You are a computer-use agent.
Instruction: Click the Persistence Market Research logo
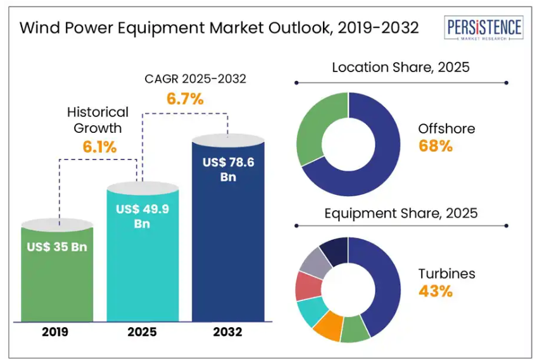(484, 30)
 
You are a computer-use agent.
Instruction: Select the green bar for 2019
(57, 278)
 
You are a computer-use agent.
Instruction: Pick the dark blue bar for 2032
(228, 253)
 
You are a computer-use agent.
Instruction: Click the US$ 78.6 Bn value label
(228, 170)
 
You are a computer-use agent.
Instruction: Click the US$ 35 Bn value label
(57, 247)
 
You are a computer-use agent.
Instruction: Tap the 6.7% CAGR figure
(185, 99)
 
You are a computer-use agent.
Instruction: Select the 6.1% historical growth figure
(99, 147)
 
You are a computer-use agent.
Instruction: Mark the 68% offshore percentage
(436, 146)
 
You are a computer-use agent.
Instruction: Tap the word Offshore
(446, 129)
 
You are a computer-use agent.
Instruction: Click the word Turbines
(446, 274)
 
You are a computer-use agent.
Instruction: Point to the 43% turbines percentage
(436, 291)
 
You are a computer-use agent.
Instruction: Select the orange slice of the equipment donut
(327, 326)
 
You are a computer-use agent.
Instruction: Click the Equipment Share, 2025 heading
(401, 213)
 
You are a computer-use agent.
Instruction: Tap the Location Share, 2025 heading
(401, 67)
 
